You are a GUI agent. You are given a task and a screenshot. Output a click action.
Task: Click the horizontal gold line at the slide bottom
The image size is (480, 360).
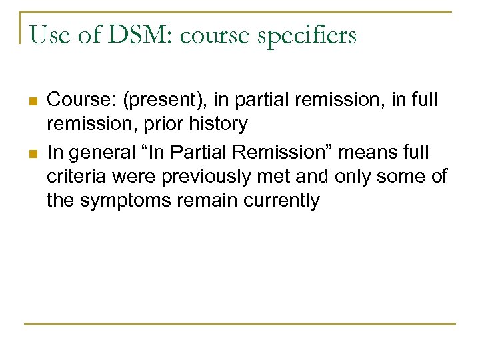click(x=240, y=324)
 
